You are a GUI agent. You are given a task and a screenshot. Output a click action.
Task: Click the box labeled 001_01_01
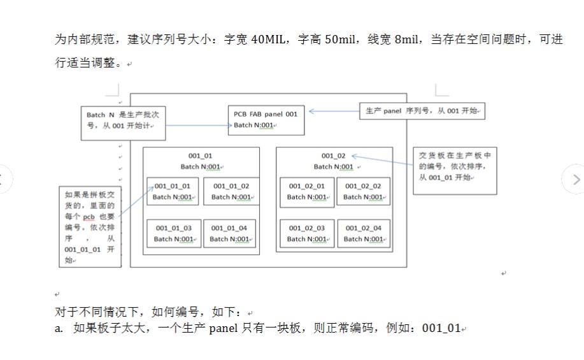(x=173, y=191)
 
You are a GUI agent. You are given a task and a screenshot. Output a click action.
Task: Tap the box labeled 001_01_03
(x=174, y=233)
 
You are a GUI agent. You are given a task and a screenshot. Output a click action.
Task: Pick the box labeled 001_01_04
(x=229, y=233)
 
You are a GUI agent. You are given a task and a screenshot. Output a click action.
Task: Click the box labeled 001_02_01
(x=306, y=191)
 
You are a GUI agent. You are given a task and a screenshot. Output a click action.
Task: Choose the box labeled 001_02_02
(x=362, y=191)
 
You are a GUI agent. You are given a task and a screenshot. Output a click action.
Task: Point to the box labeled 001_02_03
(x=306, y=233)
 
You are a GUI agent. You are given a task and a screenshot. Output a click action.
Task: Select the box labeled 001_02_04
(x=363, y=233)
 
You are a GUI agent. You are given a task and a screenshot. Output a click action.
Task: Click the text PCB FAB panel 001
(x=265, y=114)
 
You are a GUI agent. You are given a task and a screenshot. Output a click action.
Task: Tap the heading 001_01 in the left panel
(x=201, y=155)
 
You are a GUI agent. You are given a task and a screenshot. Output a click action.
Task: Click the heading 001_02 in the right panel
(x=333, y=155)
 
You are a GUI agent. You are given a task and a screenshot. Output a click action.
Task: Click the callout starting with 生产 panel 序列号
(x=422, y=111)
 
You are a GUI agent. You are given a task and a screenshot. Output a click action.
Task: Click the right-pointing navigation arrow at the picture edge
(x=575, y=179)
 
